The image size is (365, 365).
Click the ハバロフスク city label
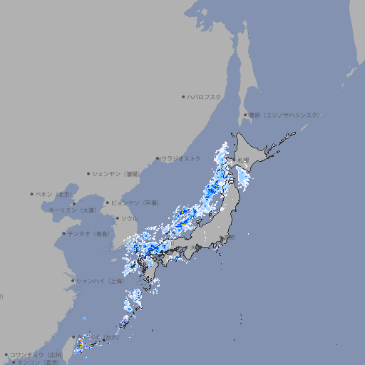[x=205, y=96]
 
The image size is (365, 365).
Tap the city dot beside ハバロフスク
[x=184, y=96]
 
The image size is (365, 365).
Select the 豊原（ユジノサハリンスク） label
[x=284, y=115]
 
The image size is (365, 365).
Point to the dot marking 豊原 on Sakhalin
[x=245, y=115]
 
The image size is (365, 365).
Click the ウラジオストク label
[x=182, y=158]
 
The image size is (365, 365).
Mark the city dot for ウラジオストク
[x=158, y=159]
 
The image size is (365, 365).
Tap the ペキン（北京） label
[x=55, y=194]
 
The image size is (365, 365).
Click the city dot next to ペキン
[x=32, y=194]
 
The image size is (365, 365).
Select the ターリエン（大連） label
[x=71, y=211]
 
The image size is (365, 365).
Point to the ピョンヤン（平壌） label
[x=135, y=203]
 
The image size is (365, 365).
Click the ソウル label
[x=129, y=218]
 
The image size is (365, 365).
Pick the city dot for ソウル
[x=118, y=218]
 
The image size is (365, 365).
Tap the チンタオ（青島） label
[x=89, y=233]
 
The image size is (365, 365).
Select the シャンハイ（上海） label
[x=100, y=281]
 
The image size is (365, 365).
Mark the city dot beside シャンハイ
[x=73, y=281]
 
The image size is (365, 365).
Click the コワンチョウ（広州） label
[x=36, y=354]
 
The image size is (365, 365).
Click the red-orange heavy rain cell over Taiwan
[x=79, y=345]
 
